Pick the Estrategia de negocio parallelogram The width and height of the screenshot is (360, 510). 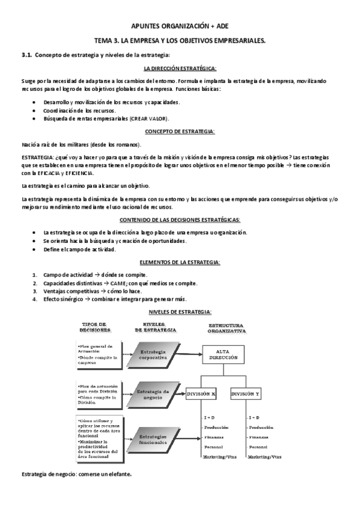pyautogui.click(x=153, y=394)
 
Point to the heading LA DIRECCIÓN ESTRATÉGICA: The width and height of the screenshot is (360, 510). pyautogui.click(x=180, y=70)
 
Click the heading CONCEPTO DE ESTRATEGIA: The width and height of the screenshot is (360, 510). pyautogui.click(x=180, y=132)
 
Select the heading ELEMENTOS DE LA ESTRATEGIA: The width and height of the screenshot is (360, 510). pyautogui.click(x=180, y=262)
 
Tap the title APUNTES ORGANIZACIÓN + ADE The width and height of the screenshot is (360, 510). pyautogui.click(x=180, y=27)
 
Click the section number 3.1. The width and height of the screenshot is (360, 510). pyautogui.click(x=26, y=55)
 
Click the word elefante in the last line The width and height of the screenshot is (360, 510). pyautogui.click(x=119, y=474)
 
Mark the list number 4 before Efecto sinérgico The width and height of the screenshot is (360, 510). pyautogui.click(x=35, y=299)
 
